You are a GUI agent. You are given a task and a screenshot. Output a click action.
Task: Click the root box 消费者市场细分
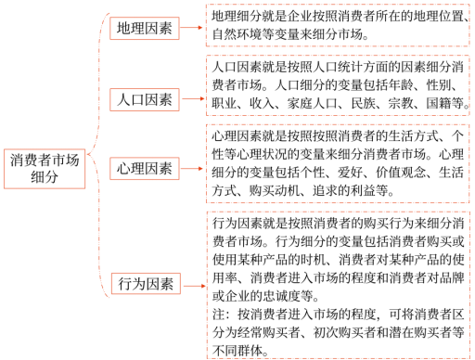44,168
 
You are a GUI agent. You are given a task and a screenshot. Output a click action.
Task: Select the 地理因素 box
144,28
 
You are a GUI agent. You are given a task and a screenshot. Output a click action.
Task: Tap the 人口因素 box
144,98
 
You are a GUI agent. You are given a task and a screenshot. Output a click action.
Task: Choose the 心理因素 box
144,168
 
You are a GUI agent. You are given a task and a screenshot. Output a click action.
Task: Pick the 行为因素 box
144,282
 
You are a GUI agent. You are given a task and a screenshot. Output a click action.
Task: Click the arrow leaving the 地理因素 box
191,28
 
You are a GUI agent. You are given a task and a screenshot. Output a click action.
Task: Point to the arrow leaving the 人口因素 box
191,98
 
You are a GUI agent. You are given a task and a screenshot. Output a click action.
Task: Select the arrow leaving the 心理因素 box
191,168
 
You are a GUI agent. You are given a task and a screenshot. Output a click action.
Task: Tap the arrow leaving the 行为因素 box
191,282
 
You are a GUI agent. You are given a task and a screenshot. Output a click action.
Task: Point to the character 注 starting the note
218,315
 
